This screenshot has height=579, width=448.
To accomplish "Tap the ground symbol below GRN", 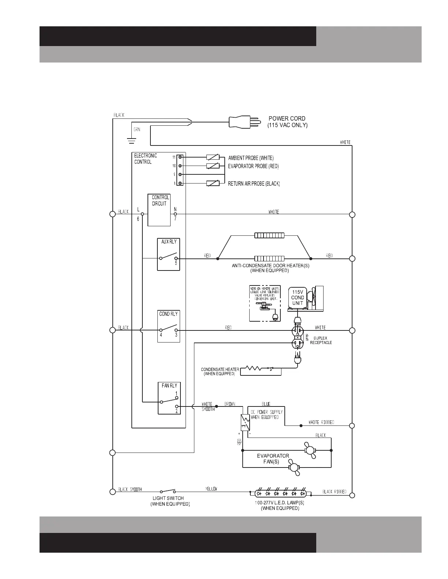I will click(131, 140).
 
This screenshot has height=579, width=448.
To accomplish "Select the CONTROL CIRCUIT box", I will click(159, 210).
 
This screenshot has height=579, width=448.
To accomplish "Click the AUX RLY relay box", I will click(168, 254).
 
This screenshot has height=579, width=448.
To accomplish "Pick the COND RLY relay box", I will click(169, 326).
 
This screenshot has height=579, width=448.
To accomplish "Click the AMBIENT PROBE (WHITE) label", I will click(251, 158).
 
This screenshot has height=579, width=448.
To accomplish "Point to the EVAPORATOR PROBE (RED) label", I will click(253, 166).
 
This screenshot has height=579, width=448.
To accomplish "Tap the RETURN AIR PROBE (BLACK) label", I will click(254, 183).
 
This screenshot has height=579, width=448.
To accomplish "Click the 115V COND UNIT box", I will click(298, 298).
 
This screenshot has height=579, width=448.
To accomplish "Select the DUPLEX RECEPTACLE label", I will click(321, 340).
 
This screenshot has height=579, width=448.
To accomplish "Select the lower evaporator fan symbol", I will click(294, 467).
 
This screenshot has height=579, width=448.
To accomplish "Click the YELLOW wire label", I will click(211, 489).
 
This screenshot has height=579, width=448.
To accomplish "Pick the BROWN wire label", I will click(230, 404).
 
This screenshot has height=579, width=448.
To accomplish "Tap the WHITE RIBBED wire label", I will click(321, 423).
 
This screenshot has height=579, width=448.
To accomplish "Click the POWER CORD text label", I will click(287, 118).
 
